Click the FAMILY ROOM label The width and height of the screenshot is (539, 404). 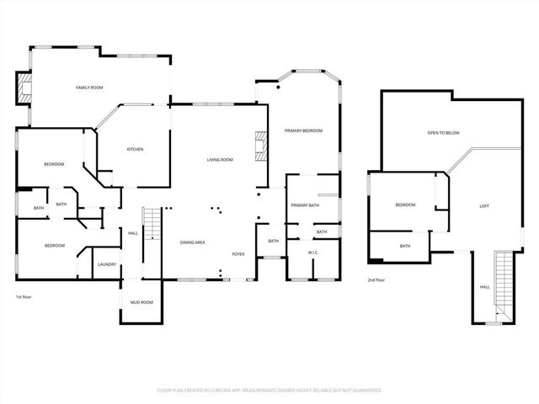pyautogui.click(x=89, y=88)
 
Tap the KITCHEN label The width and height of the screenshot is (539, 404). pyautogui.click(x=135, y=149)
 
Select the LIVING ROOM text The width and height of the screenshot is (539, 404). pyautogui.click(x=221, y=159)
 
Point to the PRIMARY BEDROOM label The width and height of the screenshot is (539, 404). pyautogui.click(x=303, y=130)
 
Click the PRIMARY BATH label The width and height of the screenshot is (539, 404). pyautogui.click(x=304, y=205)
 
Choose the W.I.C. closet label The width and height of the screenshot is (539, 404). pyautogui.click(x=312, y=252)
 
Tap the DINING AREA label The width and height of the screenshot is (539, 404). pyautogui.click(x=193, y=242)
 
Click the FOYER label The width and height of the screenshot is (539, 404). pyautogui.click(x=239, y=253)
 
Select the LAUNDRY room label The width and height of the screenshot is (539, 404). pyautogui.click(x=107, y=264)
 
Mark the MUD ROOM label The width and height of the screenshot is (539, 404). pyautogui.click(x=141, y=301)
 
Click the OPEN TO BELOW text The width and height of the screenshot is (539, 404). pyautogui.click(x=443, y=132)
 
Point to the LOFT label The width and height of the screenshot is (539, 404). pyautogui.click(x=484, y=206)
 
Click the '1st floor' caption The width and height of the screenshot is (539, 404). pyautogui.click(x=24, y=297)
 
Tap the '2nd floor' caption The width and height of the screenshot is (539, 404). pyautogui.click(x=376, y=279)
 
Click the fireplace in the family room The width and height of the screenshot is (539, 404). pyautogui.click(x=24, y=88)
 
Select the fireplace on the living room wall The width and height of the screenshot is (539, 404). pyautogui.click(x=262, y=146)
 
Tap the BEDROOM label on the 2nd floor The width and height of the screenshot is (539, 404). pyautogui.click(x=406, y=205)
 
